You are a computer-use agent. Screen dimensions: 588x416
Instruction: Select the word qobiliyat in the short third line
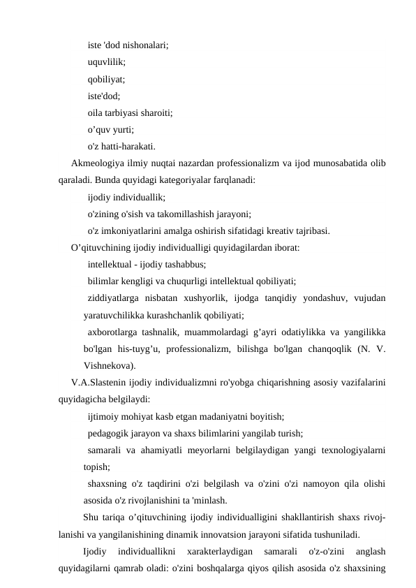click(x=105, y=79)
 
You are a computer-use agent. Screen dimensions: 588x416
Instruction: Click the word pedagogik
click(x=108, y=434)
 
